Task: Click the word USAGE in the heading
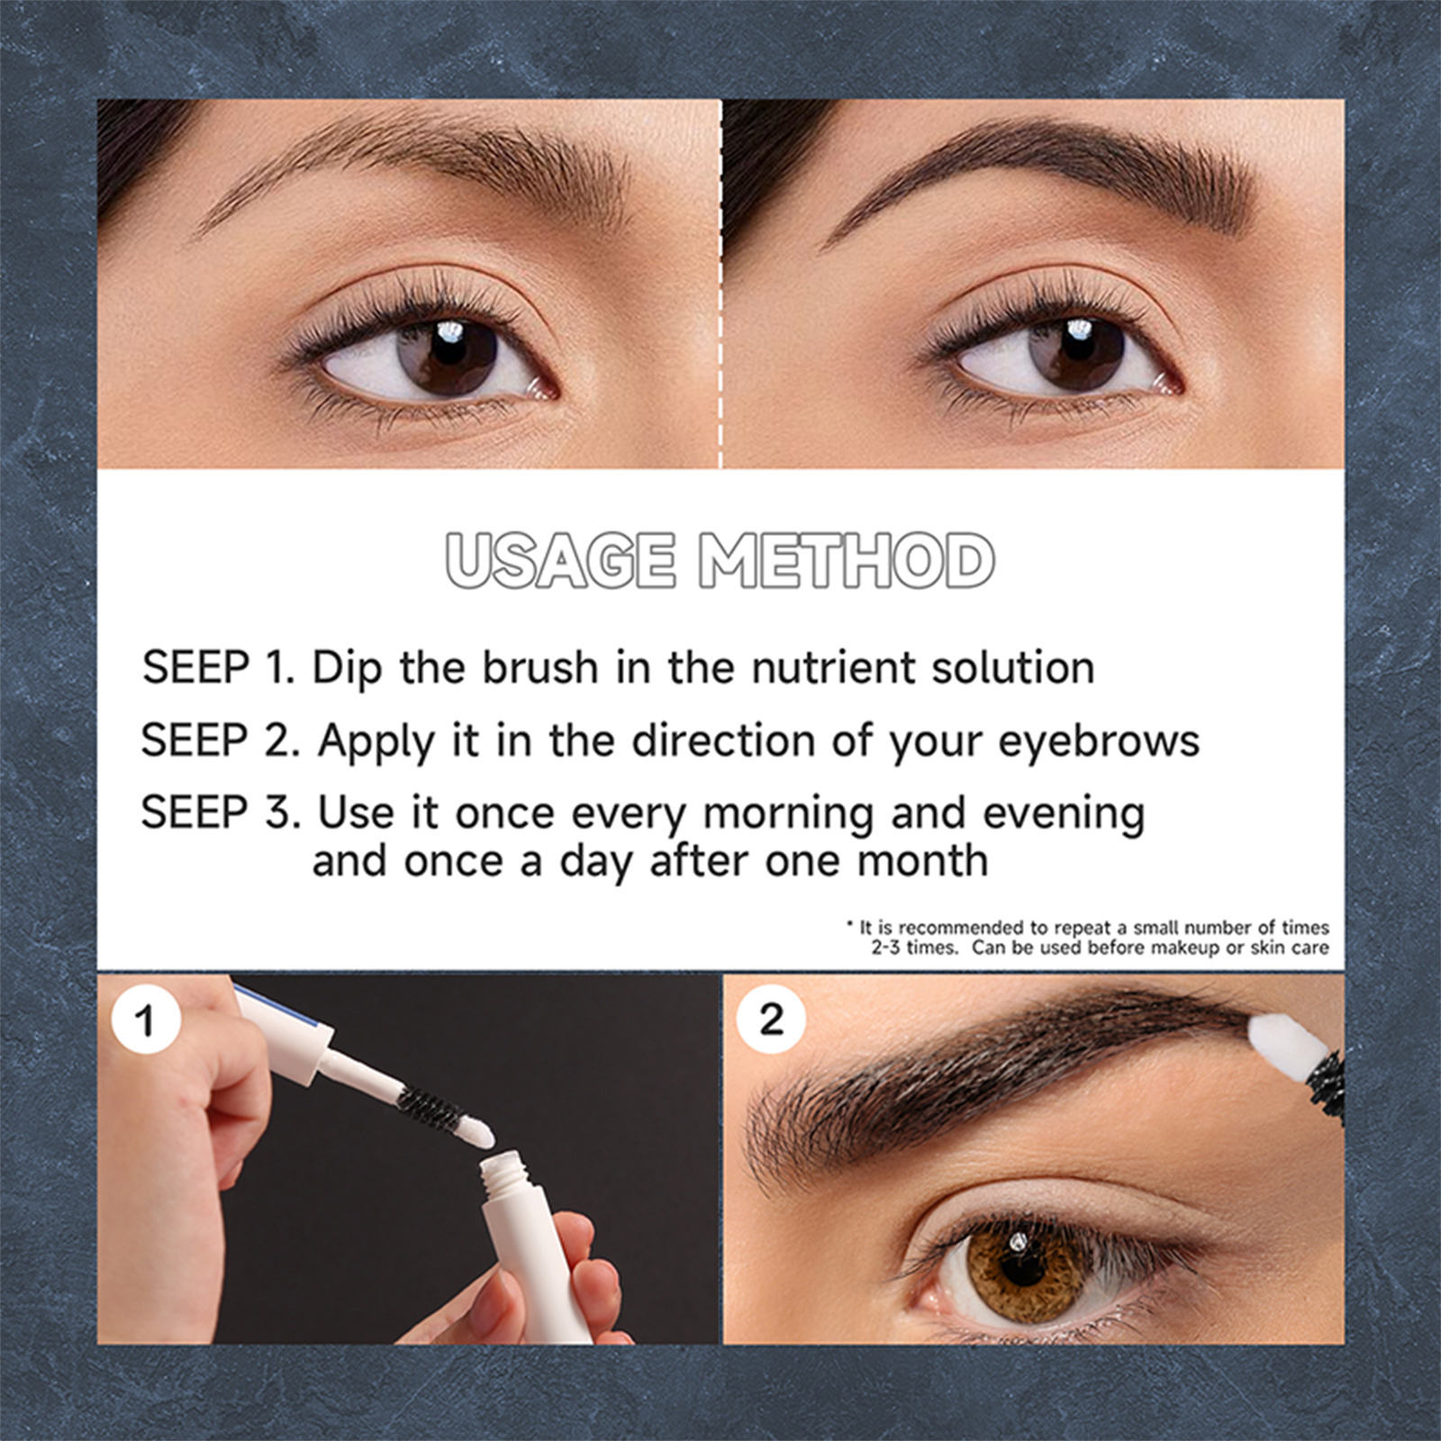(559, 560)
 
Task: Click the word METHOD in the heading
(847, 560)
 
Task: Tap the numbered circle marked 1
(144, 1021)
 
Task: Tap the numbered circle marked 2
(771, 1020)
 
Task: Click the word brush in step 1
(540, 667)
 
